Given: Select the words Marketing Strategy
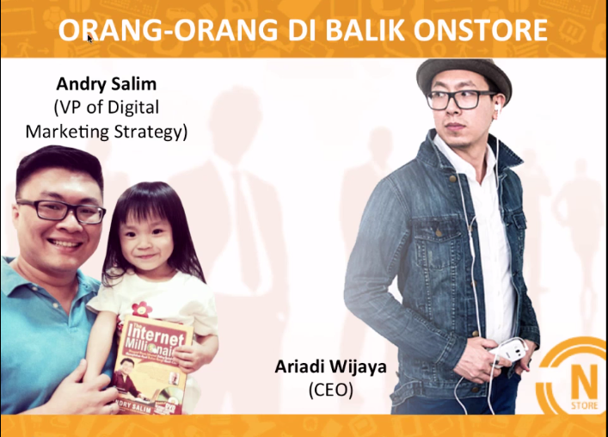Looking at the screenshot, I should click(x=106, y=132).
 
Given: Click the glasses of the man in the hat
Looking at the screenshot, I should click(x=462, y=98).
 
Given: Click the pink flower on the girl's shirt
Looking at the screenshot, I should click(x=141, y=307).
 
